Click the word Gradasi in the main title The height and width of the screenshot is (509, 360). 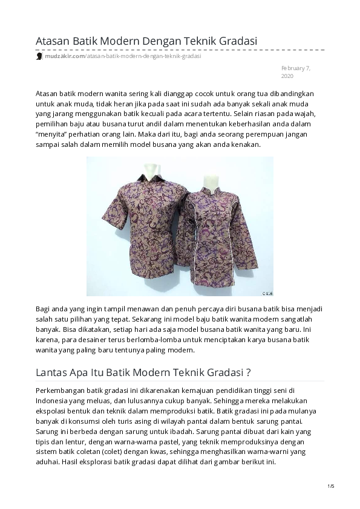tap(234, 41)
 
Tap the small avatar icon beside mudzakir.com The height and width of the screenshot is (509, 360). tap(39, 56)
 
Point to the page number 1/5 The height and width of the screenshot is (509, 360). tap(330, 486)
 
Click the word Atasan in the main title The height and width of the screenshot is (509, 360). tap(53, 41)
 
